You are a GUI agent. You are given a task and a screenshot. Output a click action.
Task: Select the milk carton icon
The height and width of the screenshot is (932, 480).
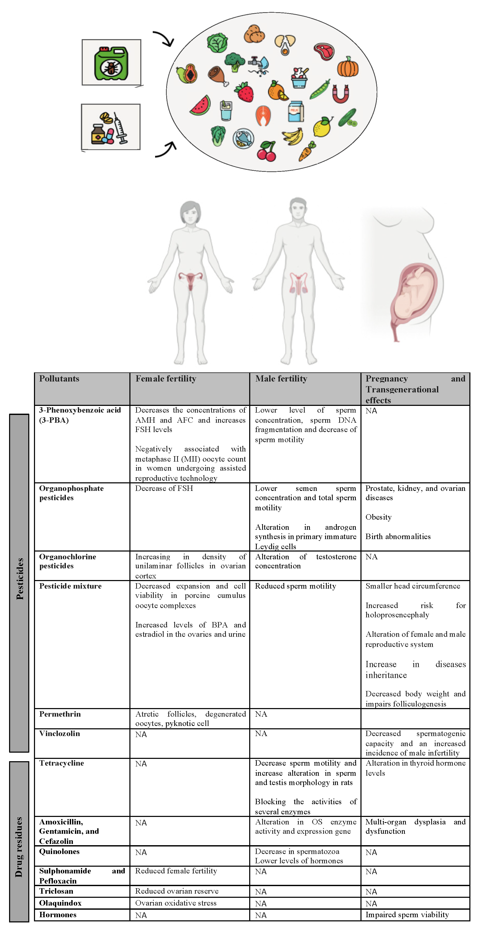tap(296, 111)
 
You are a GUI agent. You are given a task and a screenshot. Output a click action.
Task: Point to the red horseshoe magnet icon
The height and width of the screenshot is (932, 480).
tap(341, 94)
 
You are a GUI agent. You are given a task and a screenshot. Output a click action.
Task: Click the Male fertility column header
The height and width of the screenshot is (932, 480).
tap(281, 379)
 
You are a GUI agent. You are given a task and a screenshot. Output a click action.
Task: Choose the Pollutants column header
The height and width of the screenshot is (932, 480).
tap(59, 379)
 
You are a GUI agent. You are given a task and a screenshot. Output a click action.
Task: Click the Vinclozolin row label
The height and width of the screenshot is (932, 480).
tap(60, 733)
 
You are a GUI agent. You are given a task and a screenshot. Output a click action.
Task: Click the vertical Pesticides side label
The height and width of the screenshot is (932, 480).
tap(19, 579)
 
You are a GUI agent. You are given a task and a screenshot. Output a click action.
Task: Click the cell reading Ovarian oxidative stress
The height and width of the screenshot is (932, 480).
tap(176, 903)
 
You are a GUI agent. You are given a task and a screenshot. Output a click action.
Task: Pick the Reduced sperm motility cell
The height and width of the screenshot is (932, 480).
tap(295, 586)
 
